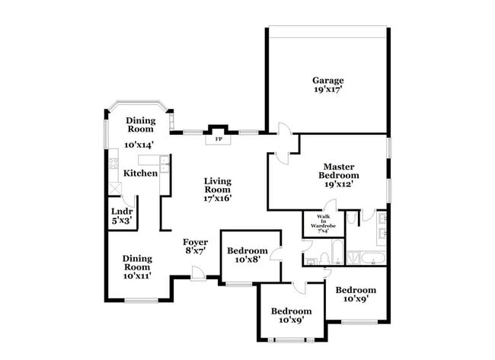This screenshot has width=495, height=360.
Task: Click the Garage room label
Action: pyautogui.click(x=327, y=81)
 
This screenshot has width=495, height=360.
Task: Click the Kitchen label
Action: pyautogui.click(x=140, y=174)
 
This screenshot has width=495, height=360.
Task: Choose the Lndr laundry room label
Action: pyautogui.click(x=122, y=211)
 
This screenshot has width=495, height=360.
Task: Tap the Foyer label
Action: pyautogui.click(x=196, y=242)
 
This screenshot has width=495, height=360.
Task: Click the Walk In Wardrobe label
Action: pyautogui.click(x=318, y=223)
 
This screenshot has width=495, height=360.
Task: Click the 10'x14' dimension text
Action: pyautogui.click(x=139, y=145)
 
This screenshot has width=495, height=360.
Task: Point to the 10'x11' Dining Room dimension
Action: pyautogui.click(x=137, y=276)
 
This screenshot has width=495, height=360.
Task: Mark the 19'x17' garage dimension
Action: pyautogui.click(x=327, y=90)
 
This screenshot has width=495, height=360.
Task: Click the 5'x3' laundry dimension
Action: pyautogui.click(x=122, y=221)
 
